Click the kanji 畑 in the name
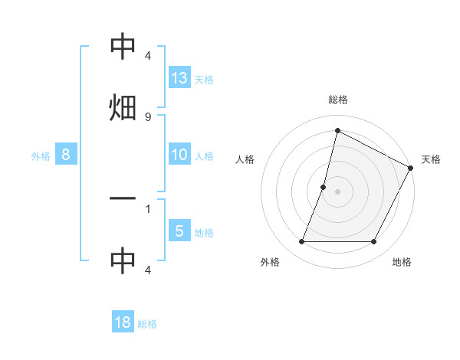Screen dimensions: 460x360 point(123,107)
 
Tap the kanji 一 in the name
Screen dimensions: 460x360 point(123,199)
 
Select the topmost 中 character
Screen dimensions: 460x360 point(123,48)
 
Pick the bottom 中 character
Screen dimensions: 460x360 point(123,261)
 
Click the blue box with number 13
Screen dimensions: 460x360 point(179,77)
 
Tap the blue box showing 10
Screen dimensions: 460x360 point(179,155)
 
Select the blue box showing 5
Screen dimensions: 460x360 point(179,231)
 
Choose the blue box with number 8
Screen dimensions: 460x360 point(66,155)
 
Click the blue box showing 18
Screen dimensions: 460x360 point(123,322)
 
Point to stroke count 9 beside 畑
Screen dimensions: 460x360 point(147,116)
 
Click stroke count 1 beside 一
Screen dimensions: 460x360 point(147,208)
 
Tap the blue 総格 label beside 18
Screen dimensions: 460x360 point(147,324)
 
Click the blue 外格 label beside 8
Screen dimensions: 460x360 point(41,156)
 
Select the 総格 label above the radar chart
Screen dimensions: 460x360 point(337,100)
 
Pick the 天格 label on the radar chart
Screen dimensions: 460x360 point(431,160)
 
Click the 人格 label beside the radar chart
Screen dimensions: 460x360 point(245,160)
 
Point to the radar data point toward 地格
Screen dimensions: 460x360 point(373,242)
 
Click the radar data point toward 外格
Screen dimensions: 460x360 point(301,242)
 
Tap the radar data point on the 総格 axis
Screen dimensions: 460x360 point(337,130)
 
